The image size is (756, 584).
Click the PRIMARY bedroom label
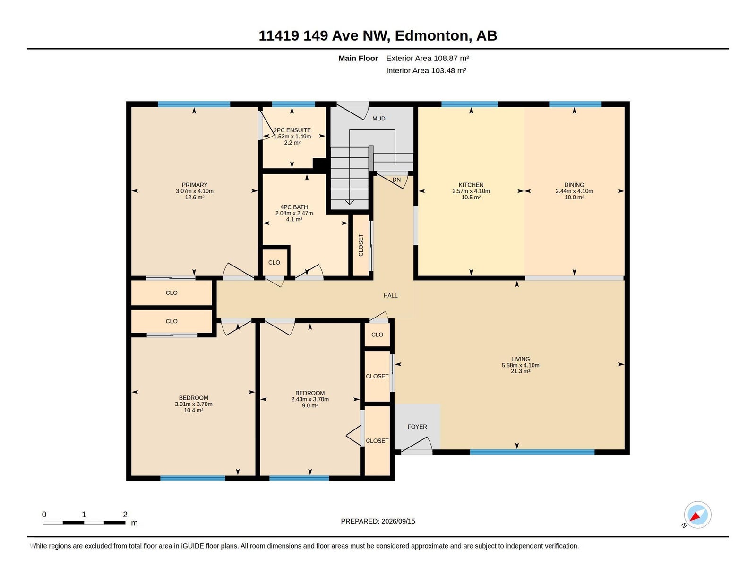click(194, 185)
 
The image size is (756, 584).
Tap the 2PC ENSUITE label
click(292, 130)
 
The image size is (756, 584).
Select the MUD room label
click(378, 119)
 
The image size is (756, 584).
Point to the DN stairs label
click(396, 180)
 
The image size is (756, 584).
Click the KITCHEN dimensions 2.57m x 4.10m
click(471, 191)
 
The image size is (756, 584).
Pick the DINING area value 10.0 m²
click(574, 197)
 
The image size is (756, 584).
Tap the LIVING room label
click(520, 359)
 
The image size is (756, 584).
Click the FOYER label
click(417, 427)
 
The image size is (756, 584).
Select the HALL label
click(390, 295)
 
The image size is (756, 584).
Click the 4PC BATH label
click(293, 207)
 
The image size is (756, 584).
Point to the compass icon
click(697, 515)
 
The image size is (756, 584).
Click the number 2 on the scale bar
click(125, 514)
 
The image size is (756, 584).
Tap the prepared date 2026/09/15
click(398, 521)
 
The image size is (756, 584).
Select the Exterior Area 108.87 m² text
click(427, 58)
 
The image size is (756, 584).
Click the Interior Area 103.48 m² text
click(426, 70)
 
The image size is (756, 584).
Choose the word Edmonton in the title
click(431, 36)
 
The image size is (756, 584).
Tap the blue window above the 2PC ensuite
click(293, 104)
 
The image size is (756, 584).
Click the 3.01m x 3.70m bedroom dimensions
click(193, 404)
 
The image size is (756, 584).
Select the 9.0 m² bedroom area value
click(309, 405)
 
